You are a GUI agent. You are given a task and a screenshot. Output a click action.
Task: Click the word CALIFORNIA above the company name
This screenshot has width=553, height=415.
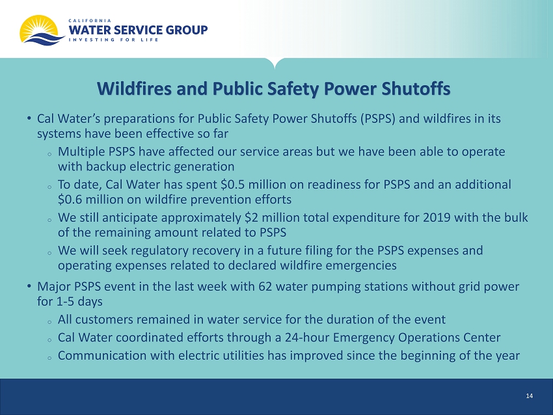(90, 21)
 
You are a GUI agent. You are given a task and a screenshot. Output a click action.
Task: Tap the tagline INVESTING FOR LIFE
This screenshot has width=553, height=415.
(113, 40)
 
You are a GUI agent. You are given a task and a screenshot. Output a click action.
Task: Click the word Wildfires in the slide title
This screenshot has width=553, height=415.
(135, 88)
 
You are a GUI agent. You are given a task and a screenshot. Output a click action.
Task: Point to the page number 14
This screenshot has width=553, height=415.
(529, 396)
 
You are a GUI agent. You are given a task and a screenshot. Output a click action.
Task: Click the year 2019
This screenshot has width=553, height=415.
(437, 217)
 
